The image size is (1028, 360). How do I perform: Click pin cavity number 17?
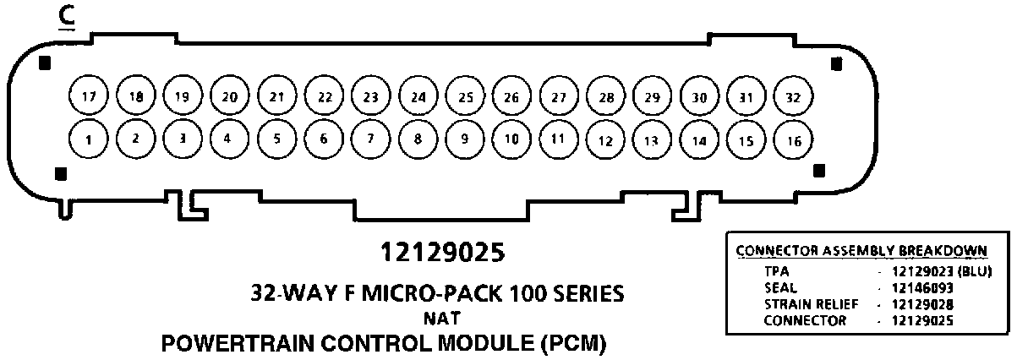(88, 97)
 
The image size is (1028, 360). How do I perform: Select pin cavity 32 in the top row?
(792, 97)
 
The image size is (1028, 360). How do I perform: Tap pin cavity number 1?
(88, 139)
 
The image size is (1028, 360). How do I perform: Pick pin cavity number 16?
(792, 140)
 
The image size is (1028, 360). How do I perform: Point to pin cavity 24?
(417, 97)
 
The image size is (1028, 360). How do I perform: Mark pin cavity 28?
(605, 97)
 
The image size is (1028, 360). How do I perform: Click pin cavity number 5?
(276, 139)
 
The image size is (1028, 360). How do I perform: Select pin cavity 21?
(276, 97)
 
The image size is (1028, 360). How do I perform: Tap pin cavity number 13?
(651, 140)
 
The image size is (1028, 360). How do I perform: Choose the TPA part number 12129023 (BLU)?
(934, 271)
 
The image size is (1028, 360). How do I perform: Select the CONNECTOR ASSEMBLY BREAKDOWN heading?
(861, 252)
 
